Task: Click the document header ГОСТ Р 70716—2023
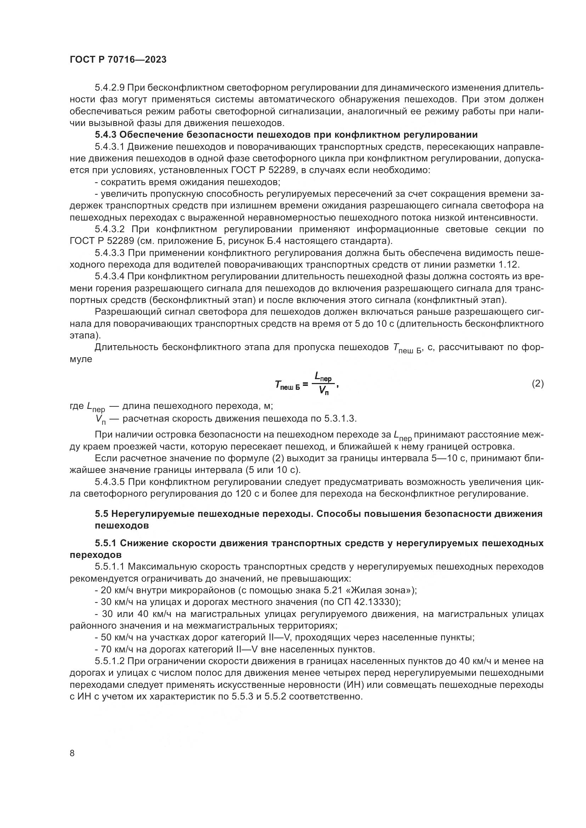[118, 59]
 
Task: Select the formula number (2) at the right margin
[537, 383]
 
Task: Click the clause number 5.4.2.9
[110, 88]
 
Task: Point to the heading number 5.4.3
[105, 135]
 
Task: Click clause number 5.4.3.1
[110, 147]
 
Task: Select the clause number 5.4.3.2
[110, 229]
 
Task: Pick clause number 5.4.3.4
[110, 276]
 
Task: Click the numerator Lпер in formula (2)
[323, 377]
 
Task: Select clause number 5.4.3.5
[110, 482]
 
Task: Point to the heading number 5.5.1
[105, 543]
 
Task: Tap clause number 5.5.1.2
[110, 661]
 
